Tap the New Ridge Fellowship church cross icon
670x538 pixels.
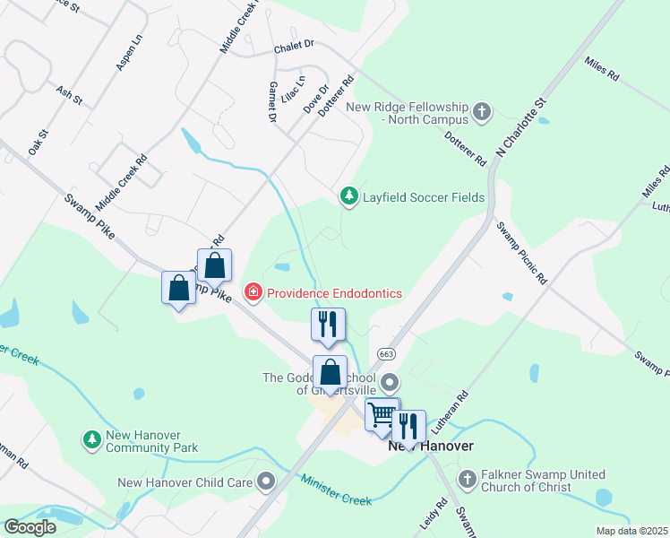click(482, 112)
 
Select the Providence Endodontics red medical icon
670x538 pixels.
click(253, 293)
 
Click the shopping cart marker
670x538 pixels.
click(382, 414)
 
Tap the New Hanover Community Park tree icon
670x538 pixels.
click(91, 439)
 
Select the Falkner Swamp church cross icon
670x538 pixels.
click(467, 481)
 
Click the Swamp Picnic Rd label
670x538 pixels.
click(520, 253)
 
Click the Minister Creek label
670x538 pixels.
click(337, 490)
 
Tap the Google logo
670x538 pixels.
click(30, 527)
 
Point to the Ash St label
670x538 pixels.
click(69, 94)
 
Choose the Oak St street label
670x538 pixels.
click(39, 143)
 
